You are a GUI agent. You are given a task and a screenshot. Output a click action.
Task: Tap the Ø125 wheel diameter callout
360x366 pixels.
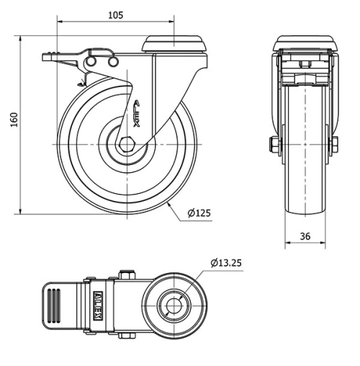pyautogui.click(x=198, y=213)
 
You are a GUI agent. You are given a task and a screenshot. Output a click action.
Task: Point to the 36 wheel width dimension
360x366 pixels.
pyautogui.click(x=305, y=235)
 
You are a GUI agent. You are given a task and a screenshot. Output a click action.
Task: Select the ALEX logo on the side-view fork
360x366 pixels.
pyautogui.click(x=141, y=112)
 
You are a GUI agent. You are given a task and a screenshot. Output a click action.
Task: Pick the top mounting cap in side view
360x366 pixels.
pyautogui.click(x=176, y=45)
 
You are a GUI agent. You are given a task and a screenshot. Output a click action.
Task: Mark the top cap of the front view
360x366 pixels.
pyautogui.click(x=305, y=43)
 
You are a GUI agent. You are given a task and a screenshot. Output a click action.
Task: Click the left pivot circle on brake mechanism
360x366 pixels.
pyautogui.click(x=92, y=64)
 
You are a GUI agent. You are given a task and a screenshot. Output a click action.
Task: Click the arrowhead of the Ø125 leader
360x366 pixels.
pyautogui.click(x=168, y=204)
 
